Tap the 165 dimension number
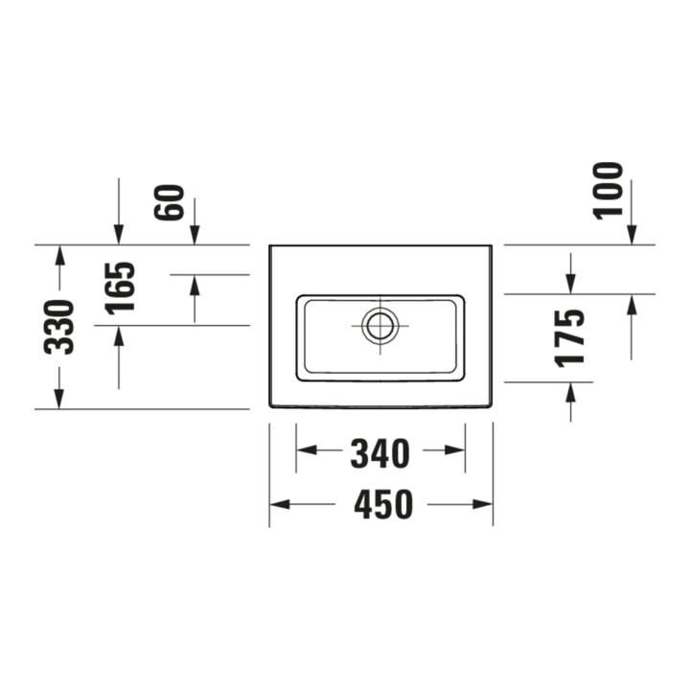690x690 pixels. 120,288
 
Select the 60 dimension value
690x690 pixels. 169,202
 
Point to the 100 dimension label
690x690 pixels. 609,190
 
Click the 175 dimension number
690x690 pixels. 570,338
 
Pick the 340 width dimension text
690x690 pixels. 380,453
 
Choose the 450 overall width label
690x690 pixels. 383,504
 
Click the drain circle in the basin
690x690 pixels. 380,326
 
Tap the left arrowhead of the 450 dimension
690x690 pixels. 280,504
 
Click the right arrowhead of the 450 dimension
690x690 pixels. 483,504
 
